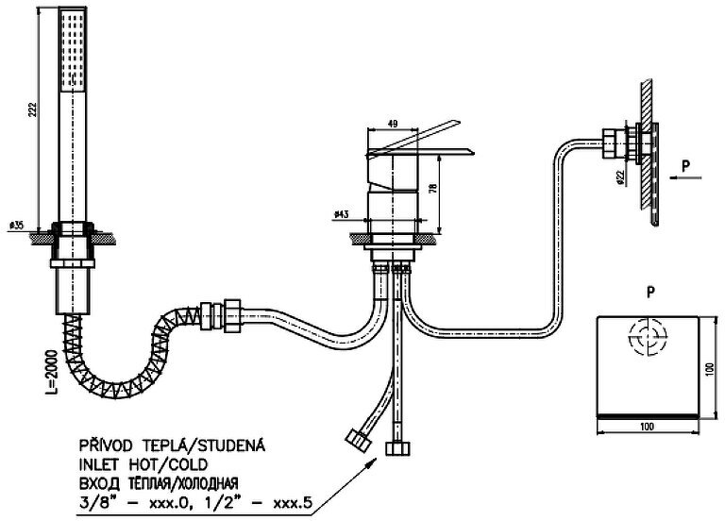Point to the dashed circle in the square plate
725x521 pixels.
[x=647, y=336]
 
